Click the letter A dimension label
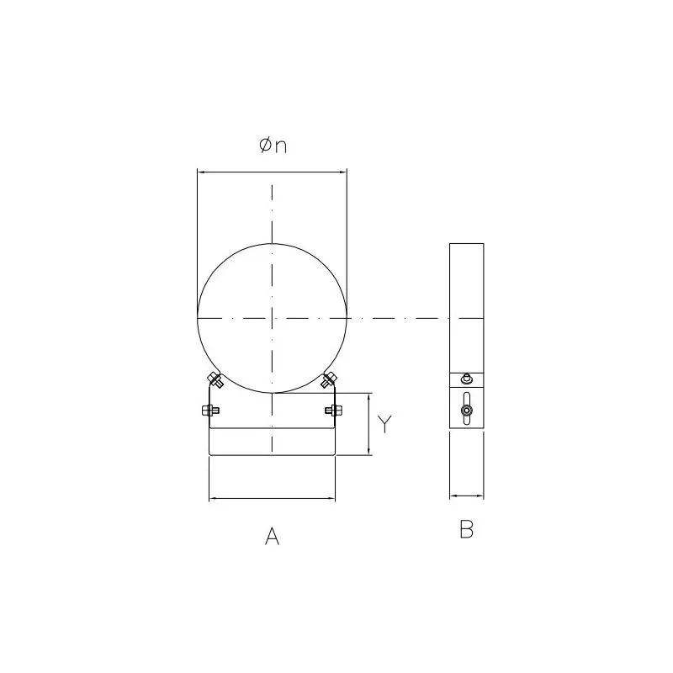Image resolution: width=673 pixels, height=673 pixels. (272, 536)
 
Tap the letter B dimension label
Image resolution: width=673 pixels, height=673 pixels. (467, 529)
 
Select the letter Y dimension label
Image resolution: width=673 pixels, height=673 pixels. (384, 424)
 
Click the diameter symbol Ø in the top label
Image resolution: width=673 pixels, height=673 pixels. (266, 145)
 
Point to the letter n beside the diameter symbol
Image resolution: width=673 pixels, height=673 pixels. (281, 146)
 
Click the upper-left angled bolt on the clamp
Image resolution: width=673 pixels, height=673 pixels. (215, 380)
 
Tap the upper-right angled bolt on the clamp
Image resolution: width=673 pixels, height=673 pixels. (329, 380)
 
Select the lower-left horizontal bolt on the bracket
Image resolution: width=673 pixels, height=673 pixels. (210, 411)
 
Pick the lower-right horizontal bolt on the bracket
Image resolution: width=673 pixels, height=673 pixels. (333, 411)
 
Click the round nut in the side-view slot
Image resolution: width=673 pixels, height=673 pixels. (467, 411)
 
